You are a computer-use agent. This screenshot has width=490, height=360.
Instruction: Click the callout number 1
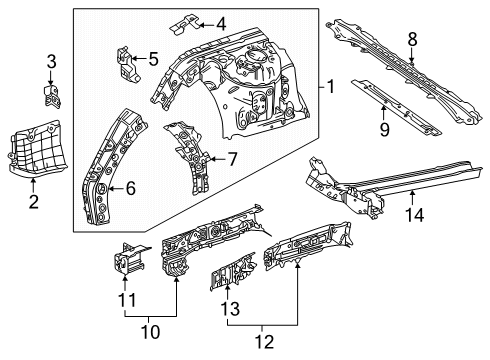tap(329, 88)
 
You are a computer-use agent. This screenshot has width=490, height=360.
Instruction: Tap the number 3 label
tap(51, 65)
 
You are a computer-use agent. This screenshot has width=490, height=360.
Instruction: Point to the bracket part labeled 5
tap(128, 64)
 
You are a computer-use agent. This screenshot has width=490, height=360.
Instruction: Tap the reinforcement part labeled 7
tap(190, 155)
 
